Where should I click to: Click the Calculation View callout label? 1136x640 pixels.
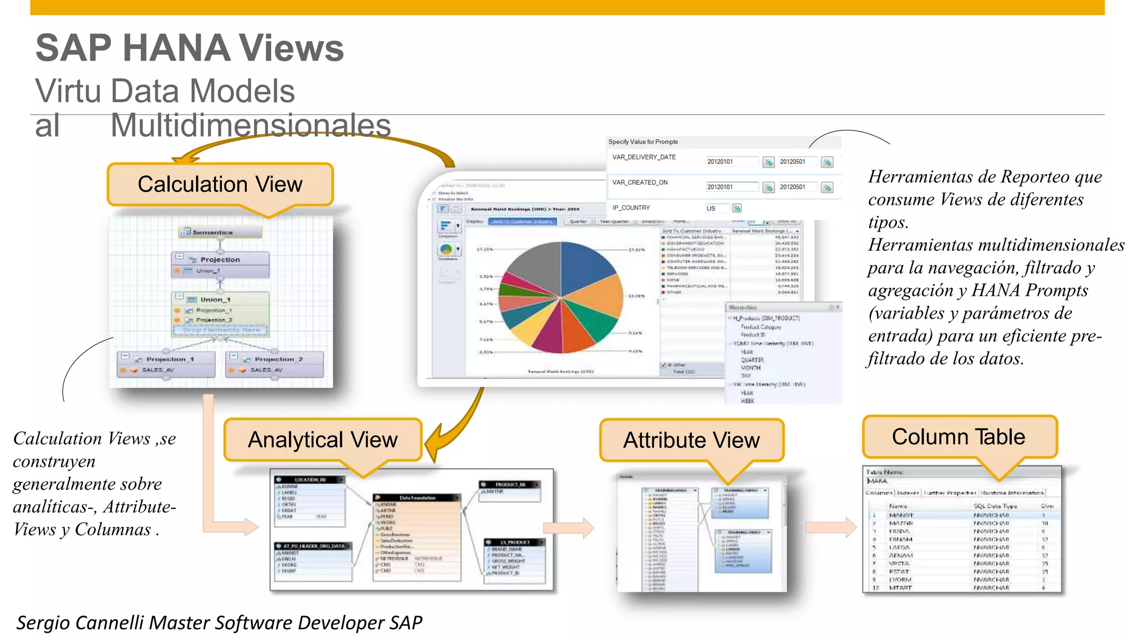220,184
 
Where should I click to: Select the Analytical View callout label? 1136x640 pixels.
322,440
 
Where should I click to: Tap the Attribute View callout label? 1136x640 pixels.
691,440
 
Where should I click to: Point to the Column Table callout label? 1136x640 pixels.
958,437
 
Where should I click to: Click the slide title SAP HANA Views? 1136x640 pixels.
190,48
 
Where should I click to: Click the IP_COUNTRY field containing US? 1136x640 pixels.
716,209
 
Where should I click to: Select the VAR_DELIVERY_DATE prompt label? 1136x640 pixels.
643,157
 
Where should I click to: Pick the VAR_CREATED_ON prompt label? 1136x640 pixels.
640,182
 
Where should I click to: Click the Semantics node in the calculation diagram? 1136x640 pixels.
220,232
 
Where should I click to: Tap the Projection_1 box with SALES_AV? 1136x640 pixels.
166,364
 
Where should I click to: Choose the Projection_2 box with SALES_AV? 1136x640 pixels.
275,364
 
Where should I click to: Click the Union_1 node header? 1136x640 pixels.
220,299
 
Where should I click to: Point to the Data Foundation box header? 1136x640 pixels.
417,498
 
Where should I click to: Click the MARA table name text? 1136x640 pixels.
878,481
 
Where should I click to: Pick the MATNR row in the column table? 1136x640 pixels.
901,523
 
